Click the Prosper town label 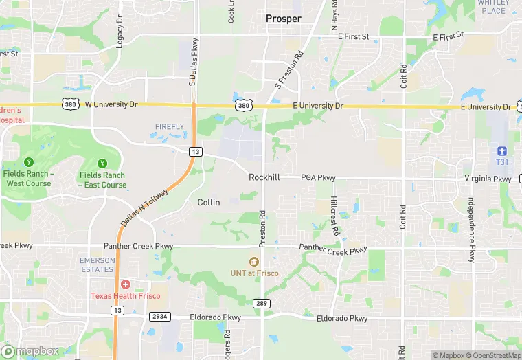click(x=284, y=19)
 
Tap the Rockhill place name click(x=264, y=177)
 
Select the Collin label click(x=209, y=202)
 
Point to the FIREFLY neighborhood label click(x=170, y=127)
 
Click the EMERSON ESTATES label click(x=97, y=265)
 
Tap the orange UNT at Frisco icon click(x=253, y=262)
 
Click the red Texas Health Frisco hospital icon click(x=126, y=284)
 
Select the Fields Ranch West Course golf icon click(x=28, y=163)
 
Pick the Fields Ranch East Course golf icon click(x=102, y=163)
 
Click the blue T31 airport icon click(x=501, y=150)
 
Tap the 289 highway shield click(x=262, y=304)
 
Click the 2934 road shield click(x=160, y=316)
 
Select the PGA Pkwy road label click(x=318, y=178)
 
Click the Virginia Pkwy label click(x=488, y=179)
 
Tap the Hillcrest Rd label click(x=334, y=217)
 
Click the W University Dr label click(x=111, y=104)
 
